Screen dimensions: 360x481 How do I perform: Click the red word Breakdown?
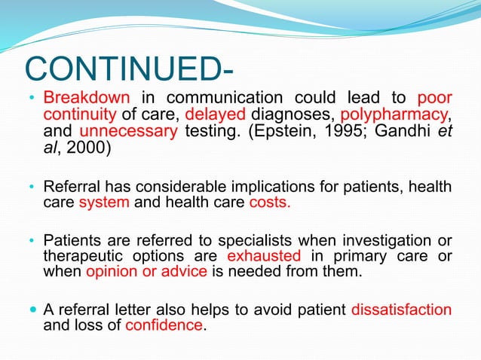point(87,99)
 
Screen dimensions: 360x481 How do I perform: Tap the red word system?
point(102,203)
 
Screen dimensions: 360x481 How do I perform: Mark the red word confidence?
point(164,325)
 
